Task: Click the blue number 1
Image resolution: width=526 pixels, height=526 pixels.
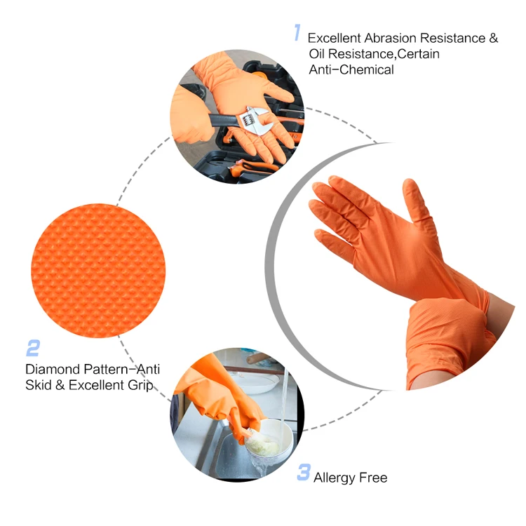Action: tap(297, 32)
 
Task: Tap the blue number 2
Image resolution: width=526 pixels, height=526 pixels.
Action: tap(33, 348)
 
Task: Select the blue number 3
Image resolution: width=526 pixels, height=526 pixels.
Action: tap(304, 472)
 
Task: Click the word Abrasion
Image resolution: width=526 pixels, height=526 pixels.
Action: tap(391, 39)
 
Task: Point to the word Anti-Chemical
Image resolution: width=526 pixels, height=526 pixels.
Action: tap(351, 69)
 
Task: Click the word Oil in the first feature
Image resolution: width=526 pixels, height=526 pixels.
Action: tap(317, 54)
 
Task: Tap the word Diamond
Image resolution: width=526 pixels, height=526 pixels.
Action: tap(53, 369)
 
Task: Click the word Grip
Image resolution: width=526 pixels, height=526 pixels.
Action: tap(140, 386)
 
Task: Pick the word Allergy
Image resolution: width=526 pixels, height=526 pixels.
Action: tap(335, 478)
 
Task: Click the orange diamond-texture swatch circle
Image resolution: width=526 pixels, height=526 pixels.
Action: tap(98, 271)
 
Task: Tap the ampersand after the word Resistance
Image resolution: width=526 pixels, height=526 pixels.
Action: tap(494, 39)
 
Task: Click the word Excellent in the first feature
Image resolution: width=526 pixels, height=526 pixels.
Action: tap(335, 39)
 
